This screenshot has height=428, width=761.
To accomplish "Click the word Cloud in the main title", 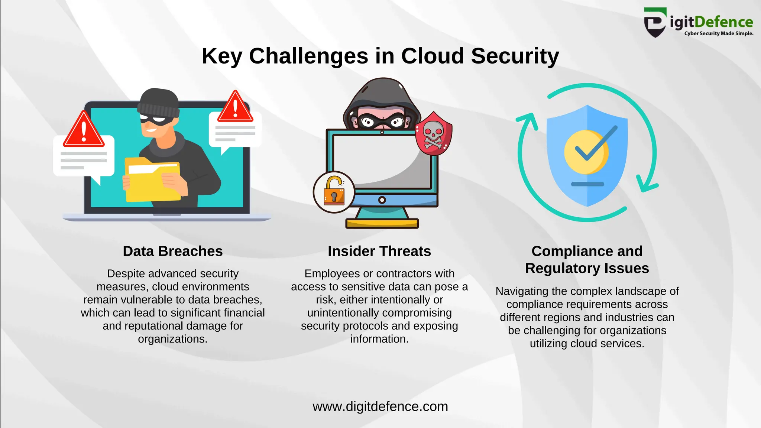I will point(432,56).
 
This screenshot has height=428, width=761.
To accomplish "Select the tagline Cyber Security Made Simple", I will point(719,33).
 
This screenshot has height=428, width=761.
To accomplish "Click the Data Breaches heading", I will point(173,251).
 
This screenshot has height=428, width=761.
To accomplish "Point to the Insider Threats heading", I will point(379,251).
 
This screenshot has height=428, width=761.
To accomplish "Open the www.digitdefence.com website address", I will point(380,406).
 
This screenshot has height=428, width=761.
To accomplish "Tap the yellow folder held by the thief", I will point(152,181).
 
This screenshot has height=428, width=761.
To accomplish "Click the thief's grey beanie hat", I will point(159,102).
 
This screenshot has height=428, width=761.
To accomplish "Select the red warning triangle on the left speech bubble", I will point(84,130).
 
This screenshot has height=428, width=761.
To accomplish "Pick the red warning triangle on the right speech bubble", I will point(235,108).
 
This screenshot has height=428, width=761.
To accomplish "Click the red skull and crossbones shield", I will point(433,134).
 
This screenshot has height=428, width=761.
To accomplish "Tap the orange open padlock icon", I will point(334,191).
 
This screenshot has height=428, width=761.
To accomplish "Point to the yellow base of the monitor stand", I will point(382,223).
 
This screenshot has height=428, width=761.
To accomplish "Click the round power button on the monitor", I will point(382,200).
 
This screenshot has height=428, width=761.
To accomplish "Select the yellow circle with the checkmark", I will point(586,152).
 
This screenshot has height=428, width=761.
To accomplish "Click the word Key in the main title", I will point(222,56).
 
